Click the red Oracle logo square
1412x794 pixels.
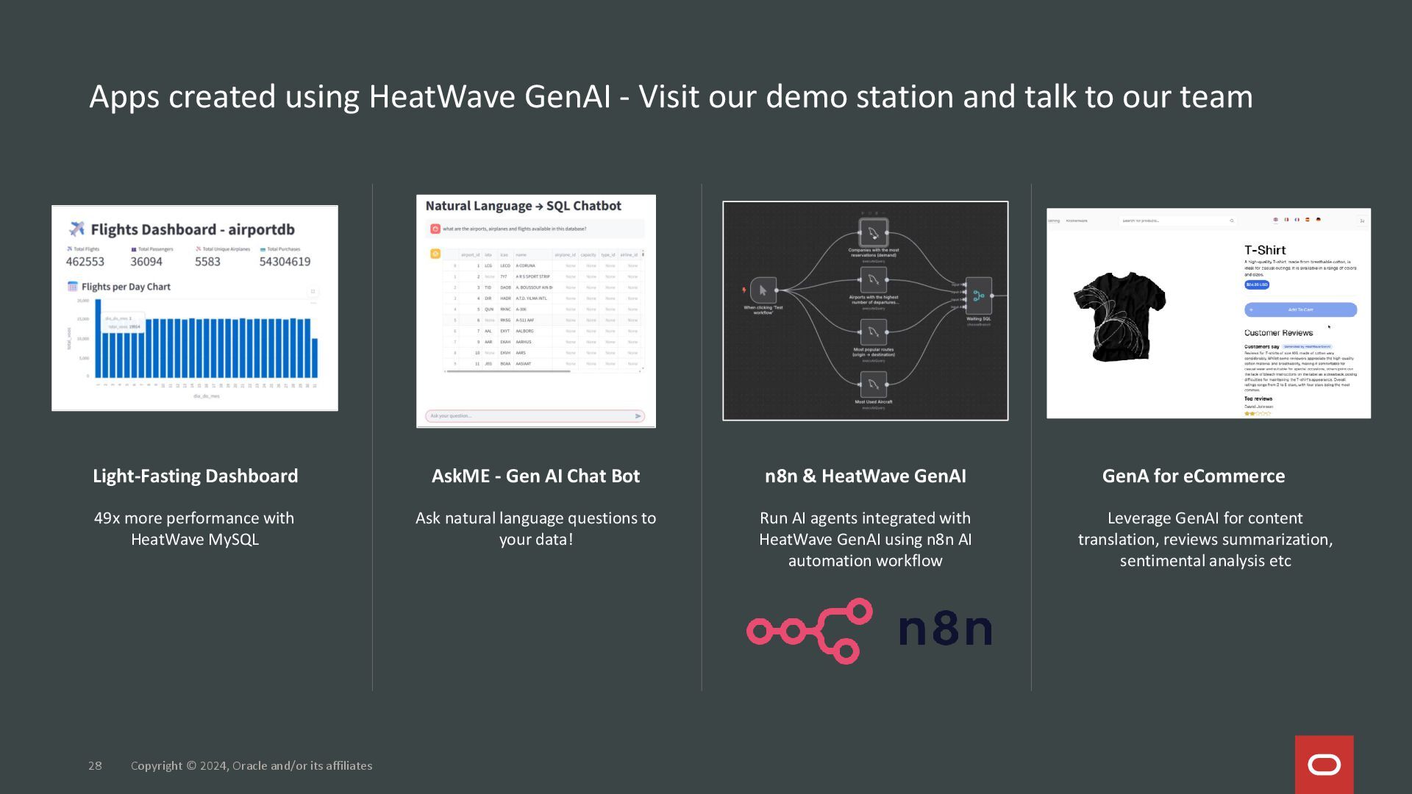[1324, 765]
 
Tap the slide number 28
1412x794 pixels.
[95, 765]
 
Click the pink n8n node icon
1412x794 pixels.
[810, 631]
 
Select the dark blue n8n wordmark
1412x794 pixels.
[945, 629]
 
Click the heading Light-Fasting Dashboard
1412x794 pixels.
[195, 476]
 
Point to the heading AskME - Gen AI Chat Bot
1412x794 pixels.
[535, 476]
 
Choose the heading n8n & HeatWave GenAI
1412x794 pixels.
[865, 476]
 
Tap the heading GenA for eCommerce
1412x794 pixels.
[1193, 476]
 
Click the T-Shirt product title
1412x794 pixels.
[1265, 250]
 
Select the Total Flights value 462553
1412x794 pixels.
[85, 262]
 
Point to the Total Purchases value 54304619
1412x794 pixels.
[285, 262]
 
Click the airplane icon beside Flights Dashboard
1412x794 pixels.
[77, 229]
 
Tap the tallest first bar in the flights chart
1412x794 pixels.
[98, 338]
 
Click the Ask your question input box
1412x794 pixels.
[529, 416]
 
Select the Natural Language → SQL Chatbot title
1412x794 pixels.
[523, 206]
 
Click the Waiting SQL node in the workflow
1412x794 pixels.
[978, 296]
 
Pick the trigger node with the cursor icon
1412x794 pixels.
[763, 290]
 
